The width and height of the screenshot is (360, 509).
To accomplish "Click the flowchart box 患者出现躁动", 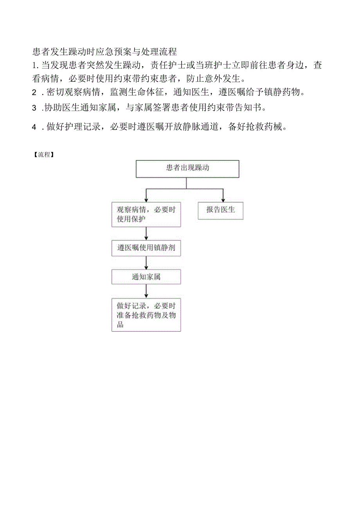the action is [187, 169].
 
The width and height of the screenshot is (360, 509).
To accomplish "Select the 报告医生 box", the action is [220, 210].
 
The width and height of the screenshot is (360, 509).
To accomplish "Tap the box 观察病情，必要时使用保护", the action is [146, 214].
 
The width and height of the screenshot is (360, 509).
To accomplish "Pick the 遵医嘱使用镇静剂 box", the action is [146, 248].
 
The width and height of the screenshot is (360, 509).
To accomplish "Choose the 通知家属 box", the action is [146, 277].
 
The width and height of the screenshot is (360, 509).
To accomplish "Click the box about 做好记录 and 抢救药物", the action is [146, 315].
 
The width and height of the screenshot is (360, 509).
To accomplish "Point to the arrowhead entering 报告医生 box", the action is [223, 199].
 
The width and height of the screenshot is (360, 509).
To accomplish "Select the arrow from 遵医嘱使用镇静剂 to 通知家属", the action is [146, 263].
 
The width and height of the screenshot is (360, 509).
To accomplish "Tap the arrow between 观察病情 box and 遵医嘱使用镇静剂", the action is [146, 233].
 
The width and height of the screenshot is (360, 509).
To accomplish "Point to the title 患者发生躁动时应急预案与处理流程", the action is [105, 51].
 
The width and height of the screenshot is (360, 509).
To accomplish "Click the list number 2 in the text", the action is [34, 92].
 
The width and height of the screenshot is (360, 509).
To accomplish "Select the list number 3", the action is [34, 108].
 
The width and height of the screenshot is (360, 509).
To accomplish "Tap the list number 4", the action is [34, 127].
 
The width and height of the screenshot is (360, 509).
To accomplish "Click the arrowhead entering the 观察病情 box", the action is [146, 199].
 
